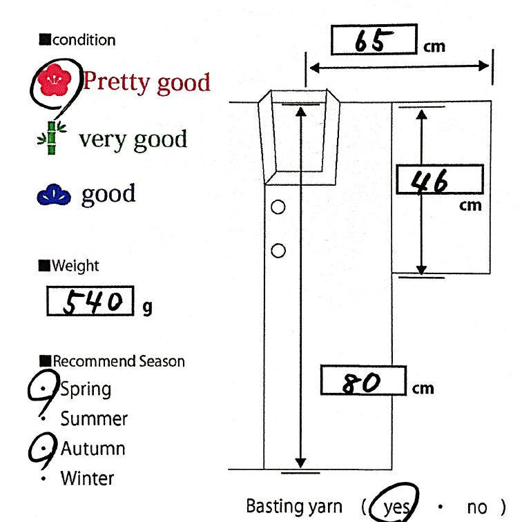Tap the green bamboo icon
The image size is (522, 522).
50,139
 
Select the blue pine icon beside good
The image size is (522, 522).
53,196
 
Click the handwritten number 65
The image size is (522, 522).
373,41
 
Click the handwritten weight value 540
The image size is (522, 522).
89,302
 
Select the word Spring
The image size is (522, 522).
86,389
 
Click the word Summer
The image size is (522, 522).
94,418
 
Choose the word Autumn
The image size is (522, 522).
93,448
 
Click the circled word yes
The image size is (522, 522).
397,507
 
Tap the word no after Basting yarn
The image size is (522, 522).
477,507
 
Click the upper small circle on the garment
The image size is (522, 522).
278,206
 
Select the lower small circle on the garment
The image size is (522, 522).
278,251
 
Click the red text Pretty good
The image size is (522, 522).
146,82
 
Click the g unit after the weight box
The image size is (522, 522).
147,308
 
